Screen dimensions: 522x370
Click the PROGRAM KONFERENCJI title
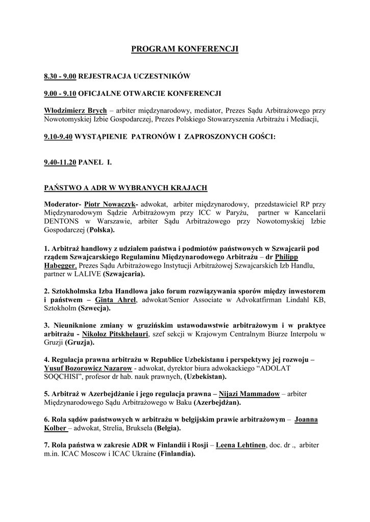[x=185, y=49]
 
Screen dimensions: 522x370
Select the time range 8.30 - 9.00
[x=60, y=76]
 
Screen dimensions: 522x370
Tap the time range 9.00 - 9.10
[x=60, y=93]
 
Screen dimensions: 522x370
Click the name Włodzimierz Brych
[x=76, y=110]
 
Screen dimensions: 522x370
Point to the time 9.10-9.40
[x=60, y=137]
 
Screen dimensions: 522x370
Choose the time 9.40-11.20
[x=60, y=162]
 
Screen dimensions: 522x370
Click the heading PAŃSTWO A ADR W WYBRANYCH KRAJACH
[x=126, y=188]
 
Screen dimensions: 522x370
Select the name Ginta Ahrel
[x=116, y=300]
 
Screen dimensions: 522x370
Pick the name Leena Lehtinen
[x=241, y=446]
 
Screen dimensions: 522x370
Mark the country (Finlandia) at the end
[x=177, y=454]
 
